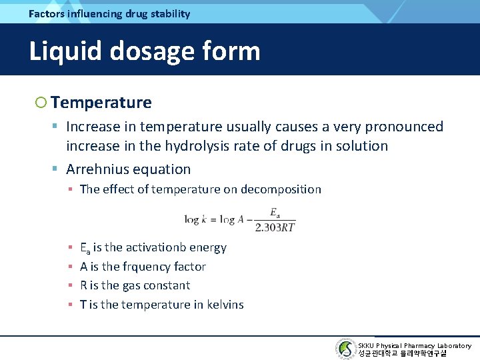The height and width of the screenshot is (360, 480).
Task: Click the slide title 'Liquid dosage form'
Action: [x=144, y=51]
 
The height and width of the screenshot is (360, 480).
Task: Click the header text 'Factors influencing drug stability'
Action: [x=109, y=13]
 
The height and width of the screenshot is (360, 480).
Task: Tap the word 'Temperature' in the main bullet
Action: [x=101, y=103]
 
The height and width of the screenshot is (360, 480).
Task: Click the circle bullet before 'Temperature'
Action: [x=41, y=103]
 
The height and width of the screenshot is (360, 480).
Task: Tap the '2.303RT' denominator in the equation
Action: [x=275, y=227]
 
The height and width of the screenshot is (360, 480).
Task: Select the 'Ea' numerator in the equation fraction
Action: [x=274, y=213]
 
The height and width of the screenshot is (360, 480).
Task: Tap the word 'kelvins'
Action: [x=222, y=305]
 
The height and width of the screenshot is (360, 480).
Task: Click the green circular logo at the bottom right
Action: [x=345, y=349]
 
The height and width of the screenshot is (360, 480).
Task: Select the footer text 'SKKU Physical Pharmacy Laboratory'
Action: [x=414, y=345]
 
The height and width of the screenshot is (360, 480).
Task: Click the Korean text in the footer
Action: [x=402, y=353]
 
